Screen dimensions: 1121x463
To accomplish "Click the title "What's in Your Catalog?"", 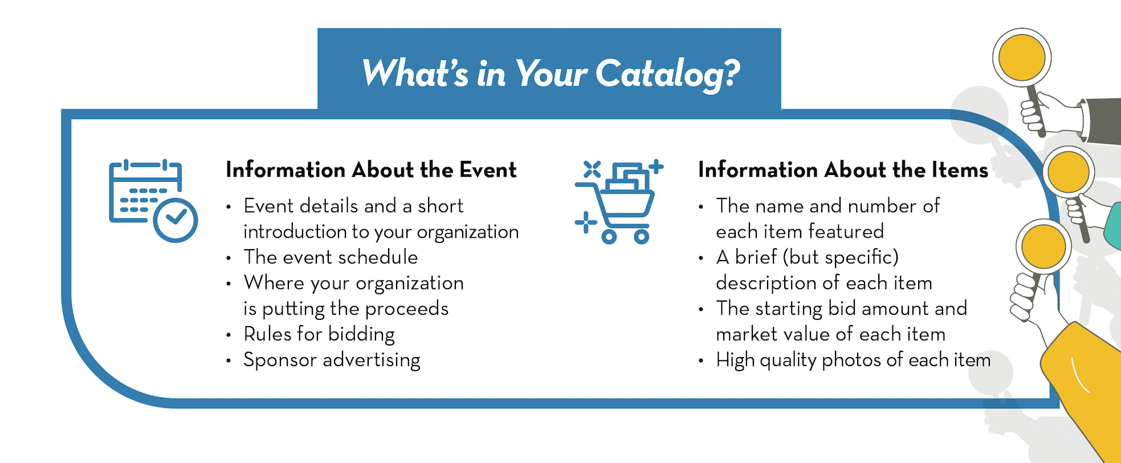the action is [x=551, y=74].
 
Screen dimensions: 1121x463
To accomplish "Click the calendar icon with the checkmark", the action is [x=153, y=201].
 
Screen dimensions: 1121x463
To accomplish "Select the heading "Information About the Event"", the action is [x=371, y=170].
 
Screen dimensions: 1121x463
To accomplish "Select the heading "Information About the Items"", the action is [x=843, y=170].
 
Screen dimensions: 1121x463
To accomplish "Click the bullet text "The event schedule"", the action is [x=331, y=257].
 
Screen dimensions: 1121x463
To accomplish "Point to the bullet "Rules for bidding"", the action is [x=319, y=334].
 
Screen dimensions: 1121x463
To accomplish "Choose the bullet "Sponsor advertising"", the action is [x=332, y=360].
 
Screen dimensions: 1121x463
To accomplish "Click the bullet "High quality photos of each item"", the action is [x=853, y=360].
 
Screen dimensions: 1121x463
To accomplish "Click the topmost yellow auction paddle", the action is [x=1022, y=58].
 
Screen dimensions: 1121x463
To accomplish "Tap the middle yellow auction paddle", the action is [x=1069, y=172].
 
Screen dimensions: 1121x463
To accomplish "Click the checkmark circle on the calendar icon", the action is [x=176, y=220].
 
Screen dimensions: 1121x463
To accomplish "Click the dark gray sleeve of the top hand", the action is [x=1102, y=120].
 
